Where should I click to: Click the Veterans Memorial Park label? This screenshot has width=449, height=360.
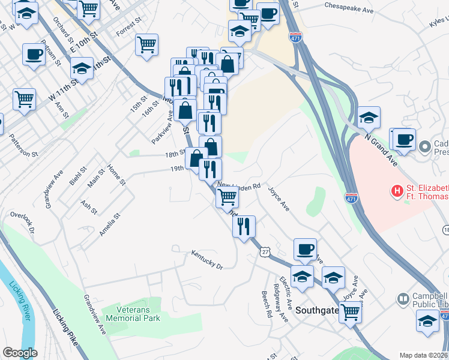coord(131,313)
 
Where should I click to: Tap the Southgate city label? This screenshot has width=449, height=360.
coord(317,310)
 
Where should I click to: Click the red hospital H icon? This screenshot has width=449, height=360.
coord(397,191)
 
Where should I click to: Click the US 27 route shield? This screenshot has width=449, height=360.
coord(265,252)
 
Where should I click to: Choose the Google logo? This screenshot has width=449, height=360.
coord(20,353)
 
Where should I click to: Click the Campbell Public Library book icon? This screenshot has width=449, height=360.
coord(403,299)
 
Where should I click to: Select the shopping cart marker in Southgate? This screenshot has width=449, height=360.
coord(350,311)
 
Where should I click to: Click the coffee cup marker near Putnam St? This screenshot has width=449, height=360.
coord(33,55)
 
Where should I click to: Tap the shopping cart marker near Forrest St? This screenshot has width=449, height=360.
coord(146,44)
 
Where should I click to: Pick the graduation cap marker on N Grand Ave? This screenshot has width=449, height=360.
coord(369,116)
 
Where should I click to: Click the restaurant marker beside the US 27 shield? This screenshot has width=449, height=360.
coord(244,226)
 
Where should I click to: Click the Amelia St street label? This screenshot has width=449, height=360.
coord(110,223)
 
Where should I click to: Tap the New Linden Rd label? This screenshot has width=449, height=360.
coord(240,186)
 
